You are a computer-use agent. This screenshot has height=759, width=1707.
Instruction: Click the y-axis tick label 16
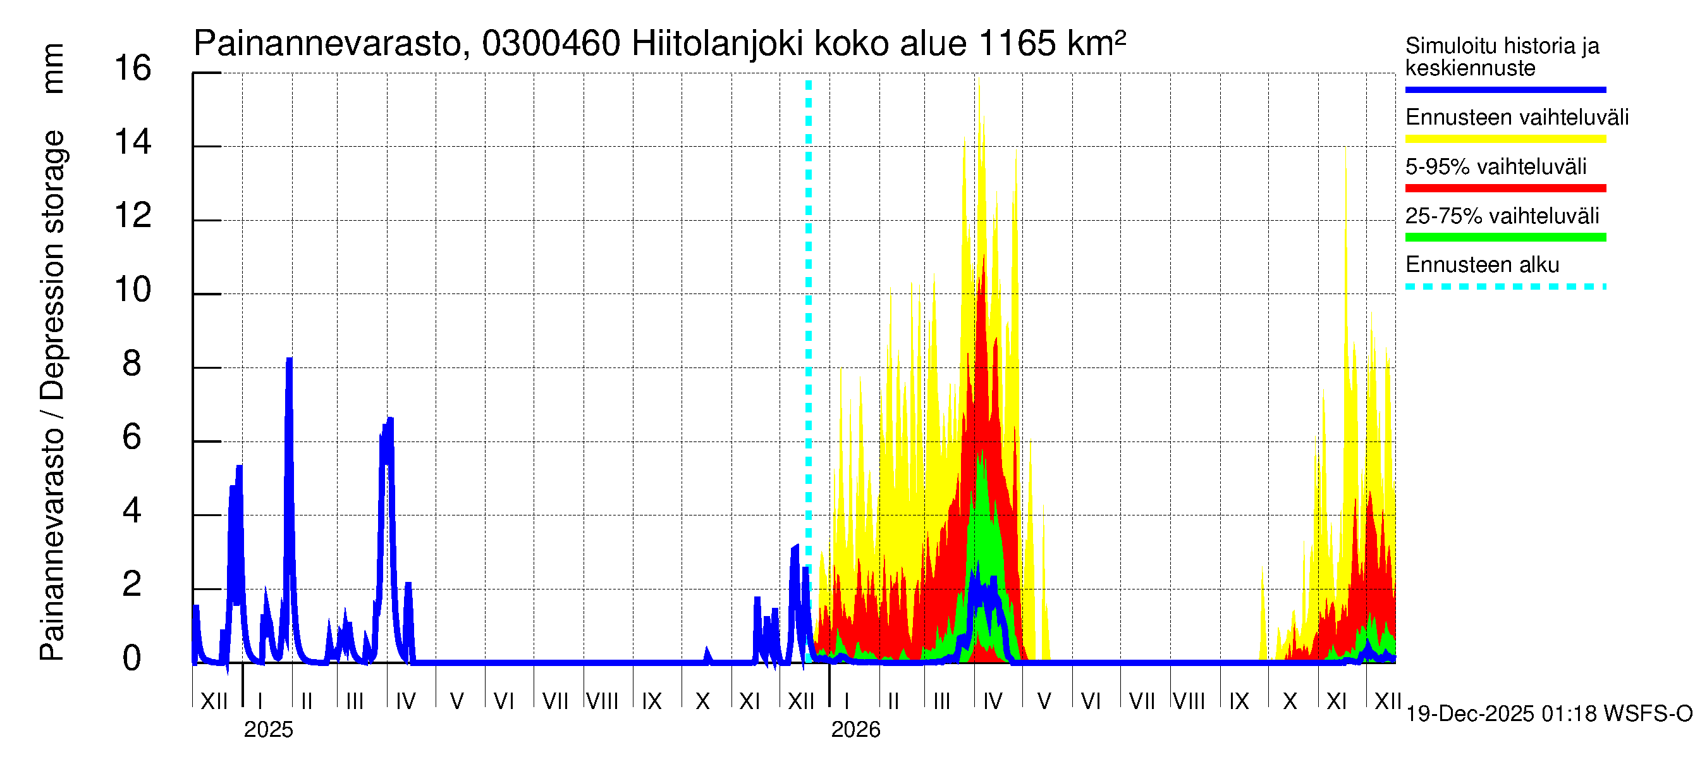coord(133,69)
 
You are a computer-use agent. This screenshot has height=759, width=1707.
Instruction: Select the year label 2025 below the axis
coord(267,729)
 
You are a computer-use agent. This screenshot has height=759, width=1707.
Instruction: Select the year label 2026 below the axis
coord(855,729)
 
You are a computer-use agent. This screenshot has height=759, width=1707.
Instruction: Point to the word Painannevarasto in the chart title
coord(328,44)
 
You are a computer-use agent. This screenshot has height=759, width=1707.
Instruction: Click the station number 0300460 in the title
coord(551,44)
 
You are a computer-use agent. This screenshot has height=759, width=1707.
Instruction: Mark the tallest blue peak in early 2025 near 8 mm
coord(289,361)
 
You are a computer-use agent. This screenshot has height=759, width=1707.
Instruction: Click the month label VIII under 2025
coord(602,701)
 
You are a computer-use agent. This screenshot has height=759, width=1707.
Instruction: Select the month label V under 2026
coord(1044,701)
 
